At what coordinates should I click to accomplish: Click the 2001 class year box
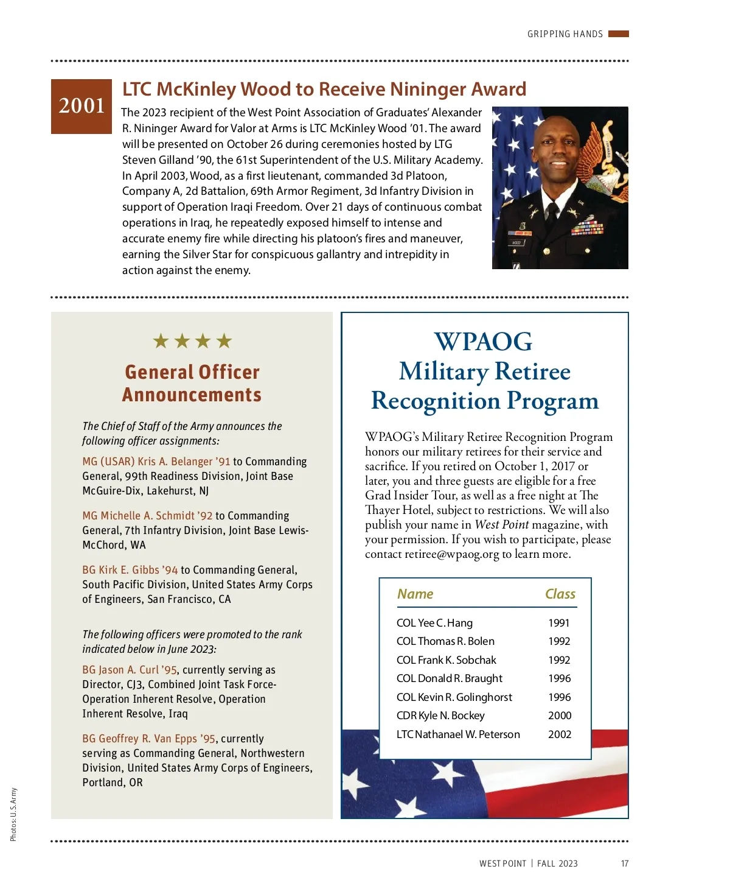coord(82,106)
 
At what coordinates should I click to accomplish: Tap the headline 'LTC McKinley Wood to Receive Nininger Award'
coord(324,90)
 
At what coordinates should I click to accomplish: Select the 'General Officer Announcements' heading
coord(192,383)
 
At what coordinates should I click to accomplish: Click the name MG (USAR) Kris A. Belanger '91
coord(156,462)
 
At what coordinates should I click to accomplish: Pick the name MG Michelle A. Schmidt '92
coord(147,516)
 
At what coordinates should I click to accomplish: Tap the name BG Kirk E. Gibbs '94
coord(130,570)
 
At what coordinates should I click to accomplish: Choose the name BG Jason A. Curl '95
coord(130,670)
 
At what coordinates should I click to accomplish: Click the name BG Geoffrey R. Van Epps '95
coord(149,739)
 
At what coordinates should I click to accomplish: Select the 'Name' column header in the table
coord(415,594)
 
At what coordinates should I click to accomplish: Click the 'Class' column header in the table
coord(560,594)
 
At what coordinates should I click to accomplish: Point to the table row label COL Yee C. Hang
coord(434,623)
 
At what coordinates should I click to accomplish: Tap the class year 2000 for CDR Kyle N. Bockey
coord(559,716)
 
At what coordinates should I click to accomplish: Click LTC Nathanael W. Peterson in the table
coord(458,734)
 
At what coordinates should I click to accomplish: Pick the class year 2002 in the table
coord(559,734)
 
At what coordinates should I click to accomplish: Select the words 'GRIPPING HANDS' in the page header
coord(565,34)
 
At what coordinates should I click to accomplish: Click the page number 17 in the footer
coord(625,864)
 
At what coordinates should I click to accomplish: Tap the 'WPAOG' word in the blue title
coord(484,342)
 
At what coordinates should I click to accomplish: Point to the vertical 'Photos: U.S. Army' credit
coord(13,815)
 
